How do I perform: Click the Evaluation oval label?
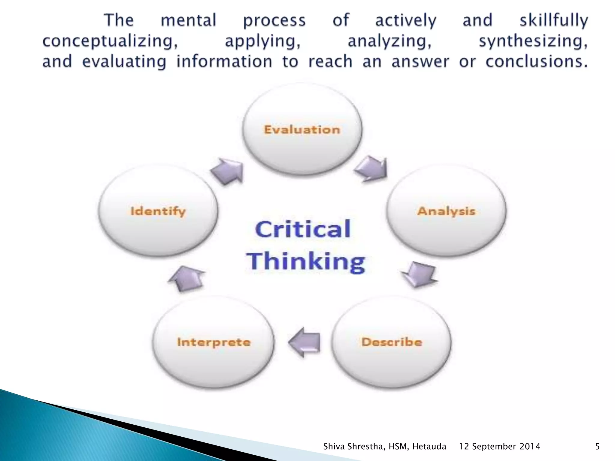(x=302, y=130)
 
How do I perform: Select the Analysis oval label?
(x=446, y=211)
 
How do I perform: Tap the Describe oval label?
(x=392, y=342)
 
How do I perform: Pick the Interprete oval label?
(x=214, y=342)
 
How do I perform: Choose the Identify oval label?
(x=158, y=211)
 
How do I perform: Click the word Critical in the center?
(x=303, y=229)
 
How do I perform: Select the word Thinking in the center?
(x=306, y=262)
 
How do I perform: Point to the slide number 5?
(x=597, y=447)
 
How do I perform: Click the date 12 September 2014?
(x=499, y=447)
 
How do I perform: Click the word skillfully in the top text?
(x=554, y=20)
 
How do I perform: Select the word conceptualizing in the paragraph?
(x=110, y=41)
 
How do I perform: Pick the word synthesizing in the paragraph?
(x=533, y=41)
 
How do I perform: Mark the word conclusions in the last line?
(x=536, y=62)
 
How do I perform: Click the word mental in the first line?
(x=189, y=20)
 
